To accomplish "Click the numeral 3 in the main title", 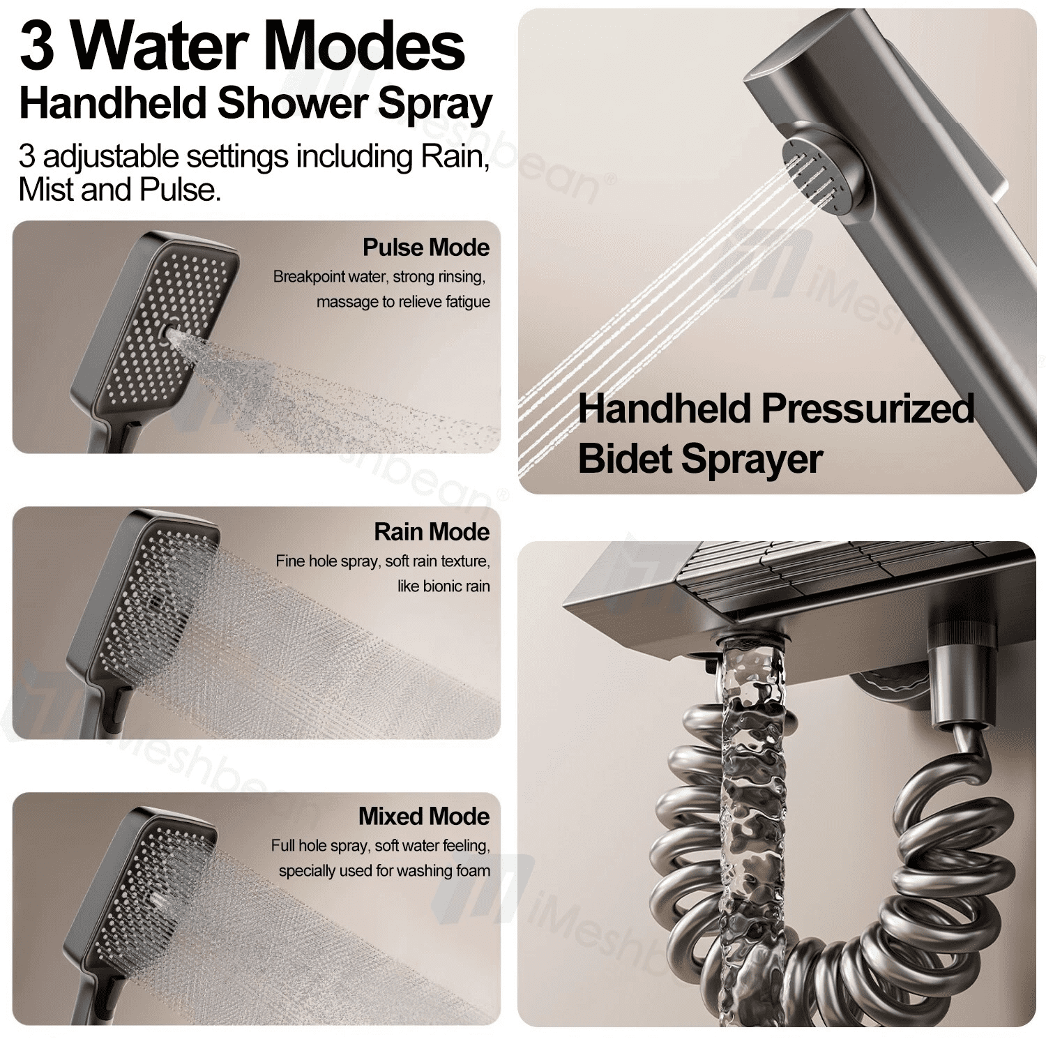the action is (x=37, y=46).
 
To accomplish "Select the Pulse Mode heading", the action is (x=426, y=248).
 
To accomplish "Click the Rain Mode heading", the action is (x=432, y=532).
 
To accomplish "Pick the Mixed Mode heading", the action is (x=424, y=817).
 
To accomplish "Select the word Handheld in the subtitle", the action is (x=113, y=103).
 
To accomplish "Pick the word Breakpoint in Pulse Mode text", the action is (x=308, y=278).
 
